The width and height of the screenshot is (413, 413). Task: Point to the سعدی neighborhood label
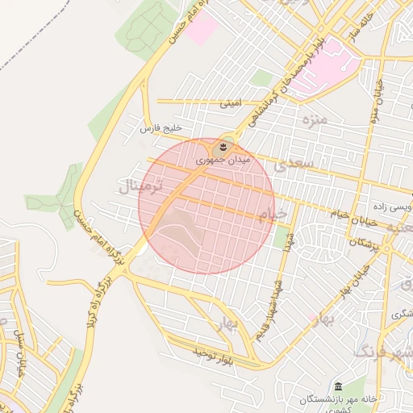point(290,166)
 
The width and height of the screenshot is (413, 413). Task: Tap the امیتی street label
point(231,104)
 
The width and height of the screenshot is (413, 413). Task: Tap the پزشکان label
point(362,242)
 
